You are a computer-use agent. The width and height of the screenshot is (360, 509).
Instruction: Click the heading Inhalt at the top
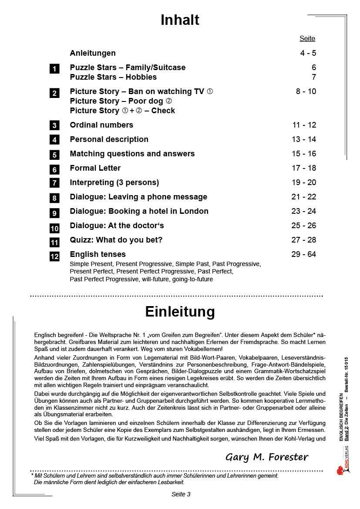[x=180, y=20]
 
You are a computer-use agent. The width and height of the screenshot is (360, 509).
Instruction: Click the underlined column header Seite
[x=307, y=38]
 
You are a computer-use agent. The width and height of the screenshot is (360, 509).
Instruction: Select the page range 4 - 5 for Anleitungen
[x=308, y=53]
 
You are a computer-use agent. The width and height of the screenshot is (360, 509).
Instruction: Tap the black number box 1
[x=54, y=69]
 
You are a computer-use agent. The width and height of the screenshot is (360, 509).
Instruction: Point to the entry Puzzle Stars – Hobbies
[x=113, y=77]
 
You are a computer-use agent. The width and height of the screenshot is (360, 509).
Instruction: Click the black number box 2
[x=54, y=93]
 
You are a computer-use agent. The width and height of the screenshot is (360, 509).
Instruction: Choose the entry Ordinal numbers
[x=101, y=125]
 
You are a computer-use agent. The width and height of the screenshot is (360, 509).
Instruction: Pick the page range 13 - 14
[x=304, y=139]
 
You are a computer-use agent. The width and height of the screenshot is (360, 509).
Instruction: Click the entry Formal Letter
[x=95, y=168]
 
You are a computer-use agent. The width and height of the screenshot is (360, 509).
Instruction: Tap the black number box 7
[x=54, y=183]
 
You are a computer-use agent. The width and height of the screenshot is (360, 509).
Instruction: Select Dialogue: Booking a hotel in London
[x=139, y=211]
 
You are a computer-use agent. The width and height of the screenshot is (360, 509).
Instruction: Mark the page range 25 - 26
[x=304, y=226]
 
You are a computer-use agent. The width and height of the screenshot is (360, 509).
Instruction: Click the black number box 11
[x=54, y=243]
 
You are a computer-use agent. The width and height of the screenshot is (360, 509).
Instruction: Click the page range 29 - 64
[x=304, y=254]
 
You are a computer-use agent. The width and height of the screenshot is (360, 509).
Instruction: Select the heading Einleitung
[x=180, y=312]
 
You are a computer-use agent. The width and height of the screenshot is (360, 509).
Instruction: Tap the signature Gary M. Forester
[x=267, y=457]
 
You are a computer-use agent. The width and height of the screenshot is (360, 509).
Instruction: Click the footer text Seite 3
[x=181, y=494]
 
